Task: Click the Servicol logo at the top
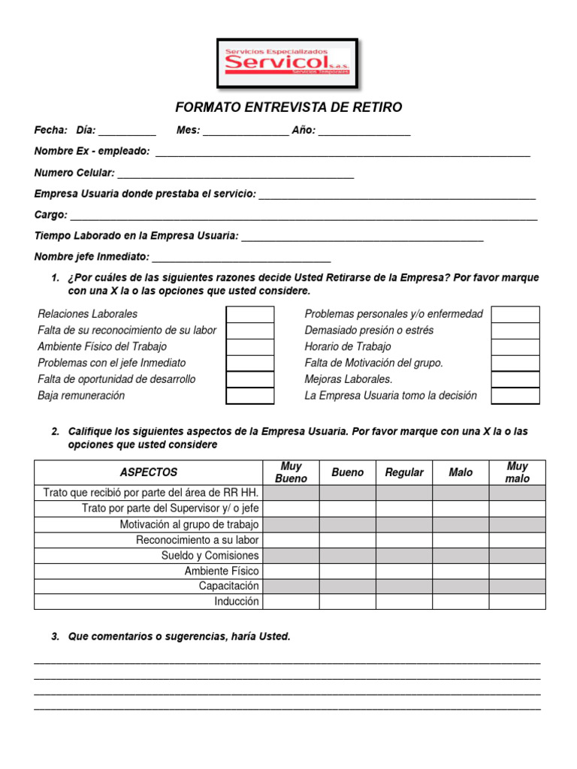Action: click(x=287, y=62)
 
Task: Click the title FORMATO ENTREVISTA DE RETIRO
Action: click(x=288, y=107)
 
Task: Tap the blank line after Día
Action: click(x=127, y=132)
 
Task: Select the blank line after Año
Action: click(x=364, y=132)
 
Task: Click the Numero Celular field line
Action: click(x=235, y=175)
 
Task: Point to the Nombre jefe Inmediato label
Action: click(x=92, y=257)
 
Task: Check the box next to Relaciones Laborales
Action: click(x=250, y=314)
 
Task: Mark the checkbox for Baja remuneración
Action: click(x=250, y=396)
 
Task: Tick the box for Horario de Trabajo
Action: click(x=515, y=347)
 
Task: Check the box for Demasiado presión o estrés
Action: click(x=515, y=330)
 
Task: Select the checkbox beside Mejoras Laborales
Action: click(x=515, y=379)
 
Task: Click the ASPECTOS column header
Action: click(x=149, y=472)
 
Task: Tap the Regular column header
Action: click(x=404, y=472)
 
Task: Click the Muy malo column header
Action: click(x=518, y=472)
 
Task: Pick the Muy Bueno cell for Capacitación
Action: click(x=292, y=586)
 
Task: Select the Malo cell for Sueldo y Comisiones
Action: click(x=461, y=556)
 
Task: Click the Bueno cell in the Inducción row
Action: click(x=348, y=602)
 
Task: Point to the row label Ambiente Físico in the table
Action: click(x=222, y=571)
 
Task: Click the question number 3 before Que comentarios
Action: click(x=55, y=637)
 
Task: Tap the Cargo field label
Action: click(x=51, y=215)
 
